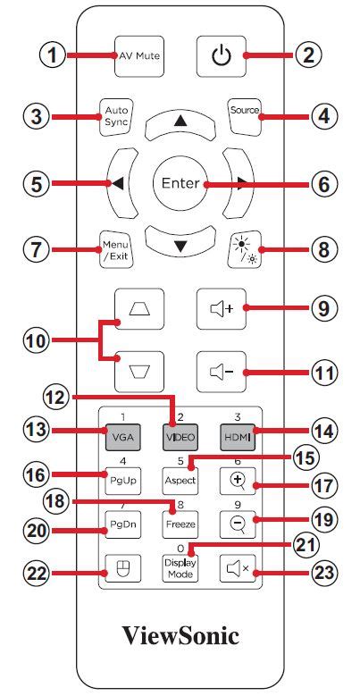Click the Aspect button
pos(179,480)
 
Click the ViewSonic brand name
pos(180,636)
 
